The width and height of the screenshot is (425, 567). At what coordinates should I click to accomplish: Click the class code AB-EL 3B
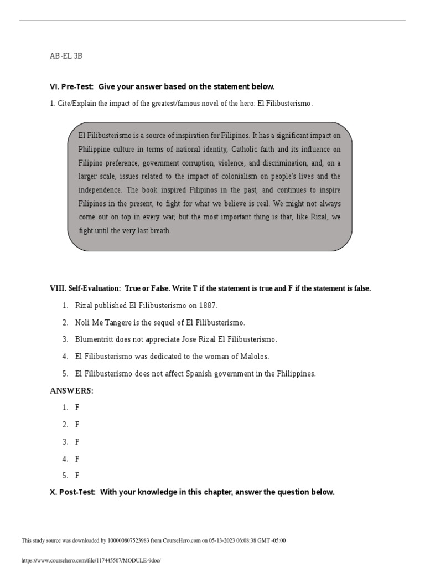(x=66, y=56)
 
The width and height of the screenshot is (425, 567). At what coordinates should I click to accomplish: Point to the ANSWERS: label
(x=72, y=391)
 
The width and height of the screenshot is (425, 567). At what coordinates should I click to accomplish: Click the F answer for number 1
(x=77, y=408)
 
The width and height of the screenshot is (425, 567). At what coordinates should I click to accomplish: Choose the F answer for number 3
(x=77, y=442)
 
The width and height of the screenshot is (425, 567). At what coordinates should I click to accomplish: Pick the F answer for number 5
(x=77, y=476)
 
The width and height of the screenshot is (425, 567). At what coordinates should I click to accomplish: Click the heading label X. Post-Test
(x=72, y=492)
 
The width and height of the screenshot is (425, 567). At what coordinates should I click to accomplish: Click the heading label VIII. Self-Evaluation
(x=86, y=288)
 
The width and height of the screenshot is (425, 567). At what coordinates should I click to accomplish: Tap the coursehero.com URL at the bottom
(x=90, y=560)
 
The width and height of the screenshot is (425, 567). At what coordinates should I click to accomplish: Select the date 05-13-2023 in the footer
(x=222, y=540)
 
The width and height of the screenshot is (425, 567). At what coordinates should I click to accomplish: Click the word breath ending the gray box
(x=160, y=231)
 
